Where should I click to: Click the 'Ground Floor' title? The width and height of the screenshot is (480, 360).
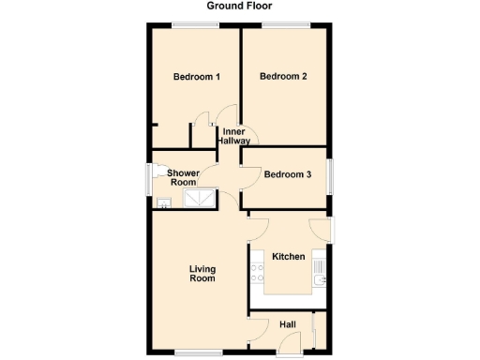click(240, 6)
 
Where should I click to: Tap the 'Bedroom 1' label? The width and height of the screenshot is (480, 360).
click(197, 77)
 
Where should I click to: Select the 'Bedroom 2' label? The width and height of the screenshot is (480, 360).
click(283, 77)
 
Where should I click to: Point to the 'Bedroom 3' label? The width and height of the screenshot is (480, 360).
click(288, 174)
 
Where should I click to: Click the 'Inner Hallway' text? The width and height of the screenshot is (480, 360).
click(233, 136)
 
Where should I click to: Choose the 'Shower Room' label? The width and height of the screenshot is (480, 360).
click(184, 178)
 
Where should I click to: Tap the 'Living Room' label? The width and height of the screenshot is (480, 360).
click(202, 272)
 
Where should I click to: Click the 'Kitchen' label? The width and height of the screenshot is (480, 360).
click(289, 256)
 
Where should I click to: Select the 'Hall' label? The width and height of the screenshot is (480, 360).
click(288, 324)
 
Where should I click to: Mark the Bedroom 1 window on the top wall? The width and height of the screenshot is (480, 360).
click(198, 25)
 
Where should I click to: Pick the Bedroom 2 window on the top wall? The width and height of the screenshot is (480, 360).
click(282, 25)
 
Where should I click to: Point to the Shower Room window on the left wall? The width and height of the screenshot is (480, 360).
click(147, 180)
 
